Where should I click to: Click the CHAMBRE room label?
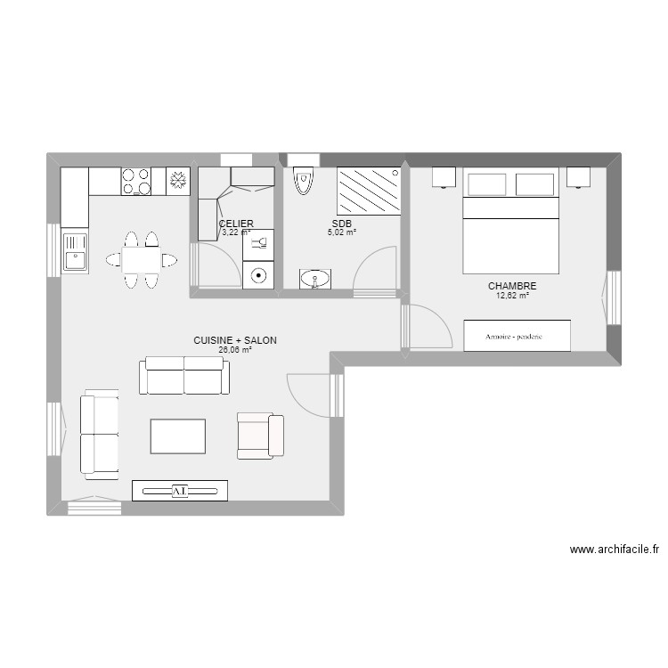click(x=512, y=286)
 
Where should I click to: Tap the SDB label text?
click(x=342, y=224)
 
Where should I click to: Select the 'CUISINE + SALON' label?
click(x=235, y=340)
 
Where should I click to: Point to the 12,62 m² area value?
click(x=512, y=296)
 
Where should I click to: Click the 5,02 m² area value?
click(x=342, y=233)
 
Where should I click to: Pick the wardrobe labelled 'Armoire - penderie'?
click(x=517, y=336)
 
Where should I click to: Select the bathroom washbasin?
click(x=314, y=280)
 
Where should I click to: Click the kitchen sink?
click(x=74, y=251)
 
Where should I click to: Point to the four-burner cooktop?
click(x=135, y=181)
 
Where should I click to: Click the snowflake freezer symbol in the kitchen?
click(x=178, y=181)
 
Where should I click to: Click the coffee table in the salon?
click(x=178, y=436)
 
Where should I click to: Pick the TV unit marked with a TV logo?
click(x=180, y=490)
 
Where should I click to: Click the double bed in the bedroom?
click(x=510, y=223)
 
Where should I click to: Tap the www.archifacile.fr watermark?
click(x=615, y=550)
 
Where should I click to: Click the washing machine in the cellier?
click(x=259, y=275)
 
